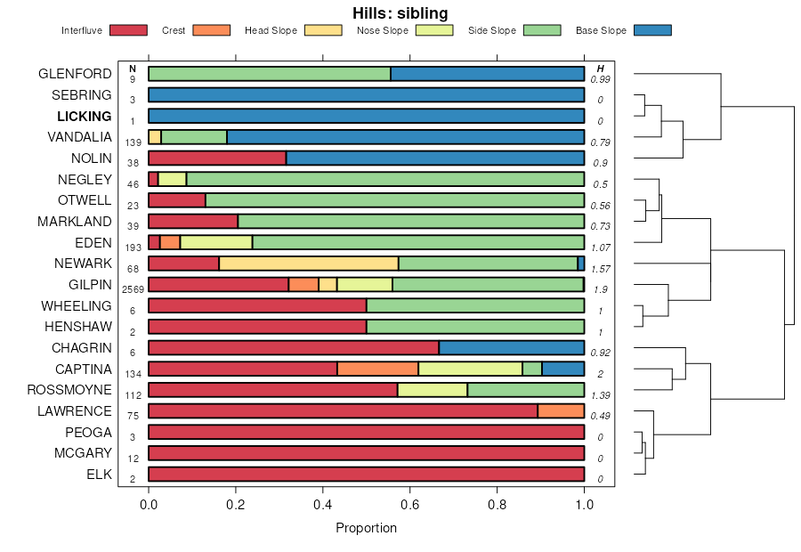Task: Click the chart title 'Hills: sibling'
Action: (x=400, y=12)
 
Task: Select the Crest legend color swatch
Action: (x=212, y=30)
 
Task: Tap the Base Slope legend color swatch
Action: (x=652, y=30)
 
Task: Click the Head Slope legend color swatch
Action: (x=323, y=30)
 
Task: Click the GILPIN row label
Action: (x=90, y=285)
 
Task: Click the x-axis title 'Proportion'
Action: (x=366, y=528)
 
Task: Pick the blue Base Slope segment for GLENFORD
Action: (x=488, y=74)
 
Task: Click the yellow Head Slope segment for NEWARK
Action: (x=309, y=264)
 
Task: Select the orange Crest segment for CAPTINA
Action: (x=377, y=369)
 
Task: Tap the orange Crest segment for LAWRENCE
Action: (x=561, y=411)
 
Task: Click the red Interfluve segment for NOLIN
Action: (x=216, y=158)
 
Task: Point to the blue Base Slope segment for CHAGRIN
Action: (x=511, y=348)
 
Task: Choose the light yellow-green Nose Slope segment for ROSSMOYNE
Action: (x=433, y=390)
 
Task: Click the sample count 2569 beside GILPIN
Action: (x=133, y=289)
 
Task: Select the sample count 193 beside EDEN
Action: (x=133, y=248)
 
